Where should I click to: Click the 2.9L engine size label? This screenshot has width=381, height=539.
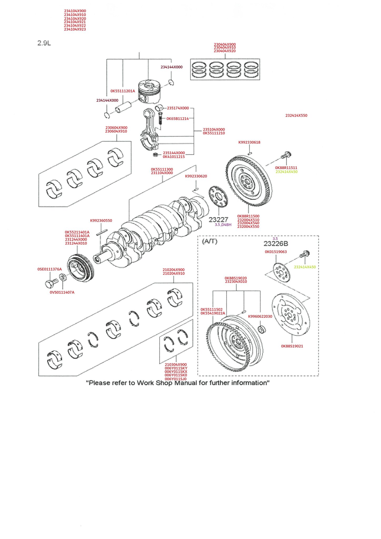pos(44,43)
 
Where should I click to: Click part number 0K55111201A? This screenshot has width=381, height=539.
pos(123,91)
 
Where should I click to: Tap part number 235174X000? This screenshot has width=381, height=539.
pos(178,108)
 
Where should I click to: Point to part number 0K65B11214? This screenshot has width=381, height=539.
pos(178,119)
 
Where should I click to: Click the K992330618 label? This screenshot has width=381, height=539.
pos(249,142)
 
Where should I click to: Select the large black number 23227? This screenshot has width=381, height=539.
pos(218,219)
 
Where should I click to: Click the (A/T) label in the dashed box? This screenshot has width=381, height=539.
pos(210,241)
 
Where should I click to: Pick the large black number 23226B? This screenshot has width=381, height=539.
pos(276,244)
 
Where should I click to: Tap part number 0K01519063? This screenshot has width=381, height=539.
pos(276,252)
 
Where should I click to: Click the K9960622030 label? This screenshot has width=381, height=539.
pos(260,316)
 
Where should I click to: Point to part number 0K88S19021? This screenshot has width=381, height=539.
pos(292,346)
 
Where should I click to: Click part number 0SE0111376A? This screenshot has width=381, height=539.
pos(49,269)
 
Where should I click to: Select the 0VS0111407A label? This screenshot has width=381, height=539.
pos(62,292)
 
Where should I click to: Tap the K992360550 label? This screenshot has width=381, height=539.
pos(101,221)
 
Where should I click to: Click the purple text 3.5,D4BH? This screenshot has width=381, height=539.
pos(223,225)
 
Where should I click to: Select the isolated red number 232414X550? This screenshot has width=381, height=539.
pos(296,116)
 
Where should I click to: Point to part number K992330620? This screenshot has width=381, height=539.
pos(196,176)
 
